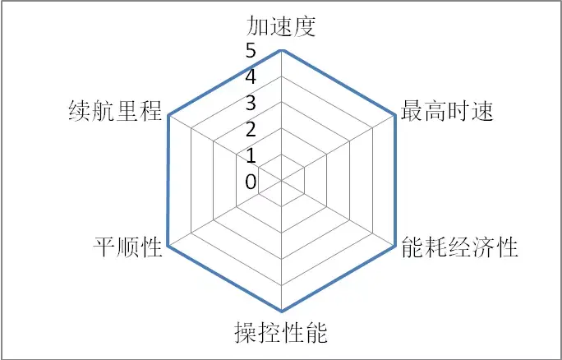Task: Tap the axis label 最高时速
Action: tap(447, 111)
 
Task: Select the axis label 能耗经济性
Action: tap(460, 247)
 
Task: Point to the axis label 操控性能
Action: tap(281, 333)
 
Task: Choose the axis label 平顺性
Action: tap(127, 247)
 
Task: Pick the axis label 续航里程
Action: tap(115, 111)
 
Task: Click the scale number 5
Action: tap(251, 52)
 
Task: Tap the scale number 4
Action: tap(251, 78)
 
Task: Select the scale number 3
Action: tap(251, 104)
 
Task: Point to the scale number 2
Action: tap(251, 130)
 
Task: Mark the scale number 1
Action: tap(251, 156)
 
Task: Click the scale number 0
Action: tap(251, 182)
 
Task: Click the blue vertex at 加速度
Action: tap(281, 51)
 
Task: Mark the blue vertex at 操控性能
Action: tap(281, 311)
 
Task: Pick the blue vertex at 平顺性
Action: tap(168, 247)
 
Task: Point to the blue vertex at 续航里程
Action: tap(168, 116)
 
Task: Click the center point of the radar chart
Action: tap(281, 181)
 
